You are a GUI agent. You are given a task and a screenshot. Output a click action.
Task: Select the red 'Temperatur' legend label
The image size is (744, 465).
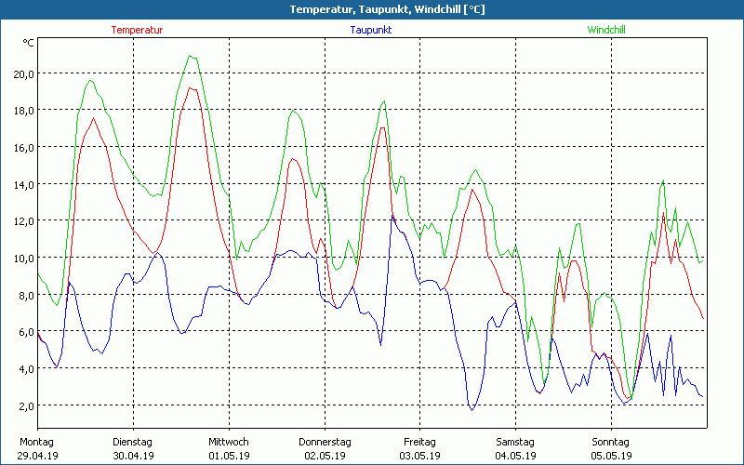pos(137,30)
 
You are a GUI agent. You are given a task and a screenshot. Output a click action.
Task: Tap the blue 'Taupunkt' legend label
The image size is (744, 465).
pos(370,30)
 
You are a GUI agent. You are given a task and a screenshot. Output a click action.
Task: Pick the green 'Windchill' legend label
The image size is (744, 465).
pos(605,30)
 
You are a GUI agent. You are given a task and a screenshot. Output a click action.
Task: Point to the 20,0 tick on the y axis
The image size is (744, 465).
pos(22,73)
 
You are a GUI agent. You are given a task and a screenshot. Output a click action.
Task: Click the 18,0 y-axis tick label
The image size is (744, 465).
pos(22,111)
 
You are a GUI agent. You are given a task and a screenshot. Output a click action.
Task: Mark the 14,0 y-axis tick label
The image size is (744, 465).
pos(22,184)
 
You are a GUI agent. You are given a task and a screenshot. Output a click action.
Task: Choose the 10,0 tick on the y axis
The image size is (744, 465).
pos(22,258)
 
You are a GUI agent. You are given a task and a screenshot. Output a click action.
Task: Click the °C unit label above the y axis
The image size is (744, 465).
pos(29,43)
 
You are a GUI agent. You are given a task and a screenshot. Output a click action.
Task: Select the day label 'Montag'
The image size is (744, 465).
pos(35,442)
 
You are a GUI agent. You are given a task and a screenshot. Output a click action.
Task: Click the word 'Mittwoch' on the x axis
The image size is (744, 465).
pos(228,442)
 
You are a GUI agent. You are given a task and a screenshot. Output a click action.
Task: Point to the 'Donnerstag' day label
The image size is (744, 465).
pos(325,442)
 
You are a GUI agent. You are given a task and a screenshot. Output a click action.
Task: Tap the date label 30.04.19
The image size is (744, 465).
pos(132,456)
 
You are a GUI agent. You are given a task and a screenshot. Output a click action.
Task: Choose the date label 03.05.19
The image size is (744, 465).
pos(419,456)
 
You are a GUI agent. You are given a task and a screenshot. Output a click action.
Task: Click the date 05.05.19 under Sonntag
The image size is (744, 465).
pos(611,456)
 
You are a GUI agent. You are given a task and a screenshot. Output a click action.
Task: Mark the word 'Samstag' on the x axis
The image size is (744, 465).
pos(515,442)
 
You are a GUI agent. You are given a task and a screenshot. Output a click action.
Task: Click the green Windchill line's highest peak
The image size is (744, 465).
pos(191,56)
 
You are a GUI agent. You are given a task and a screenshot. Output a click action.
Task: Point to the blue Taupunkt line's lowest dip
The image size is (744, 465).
pos(472,409)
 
